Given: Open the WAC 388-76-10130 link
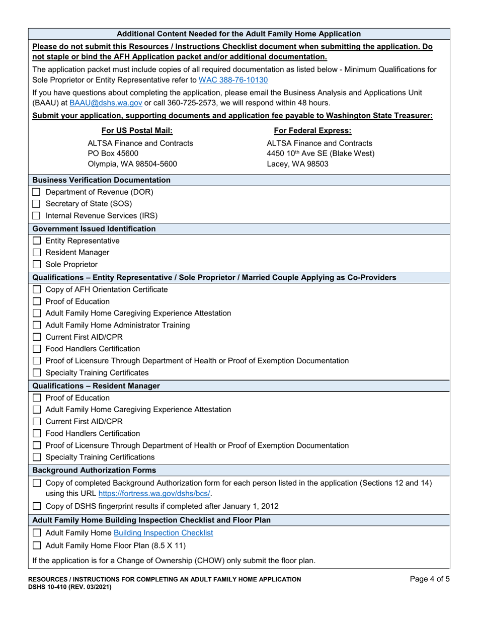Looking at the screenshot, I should pyautogui.click(x=233, y=80).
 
